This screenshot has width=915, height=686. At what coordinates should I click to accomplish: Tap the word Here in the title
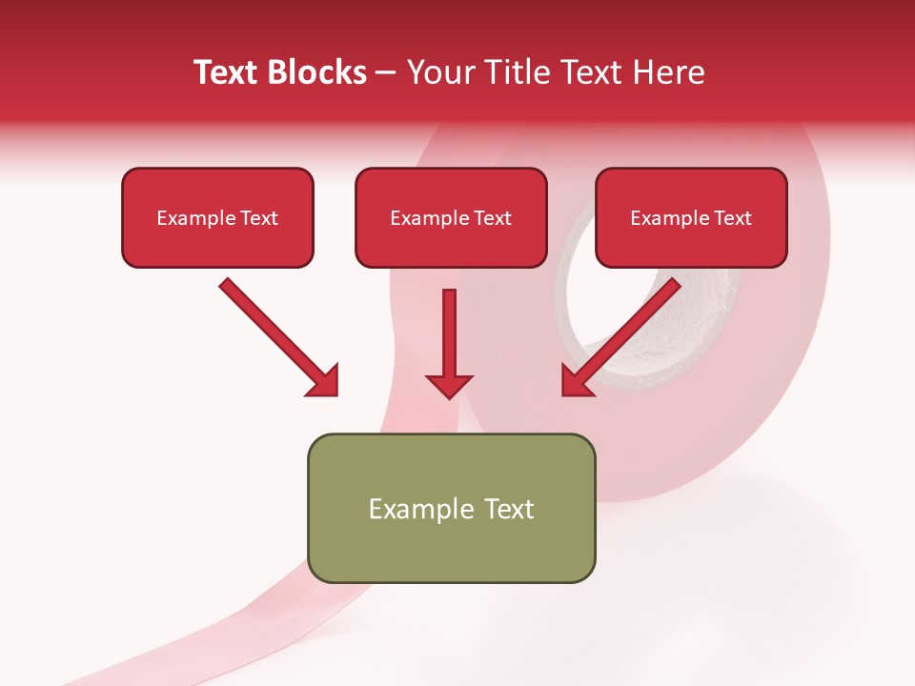(x=671, y=72)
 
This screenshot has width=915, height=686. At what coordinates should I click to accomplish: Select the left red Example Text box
(x=217, y=217)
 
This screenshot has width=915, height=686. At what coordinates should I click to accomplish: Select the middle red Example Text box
(x=451, y=217)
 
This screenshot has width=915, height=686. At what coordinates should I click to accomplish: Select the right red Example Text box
(x=691, y=217)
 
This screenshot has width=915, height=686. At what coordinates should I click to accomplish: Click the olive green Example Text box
(x=451, y=508)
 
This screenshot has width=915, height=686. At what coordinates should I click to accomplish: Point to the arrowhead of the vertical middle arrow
(x=449, y=385)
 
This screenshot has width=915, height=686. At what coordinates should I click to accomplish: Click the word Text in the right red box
(x=733, y=218)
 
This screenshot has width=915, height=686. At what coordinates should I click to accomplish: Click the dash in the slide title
(x=386, y=72)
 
